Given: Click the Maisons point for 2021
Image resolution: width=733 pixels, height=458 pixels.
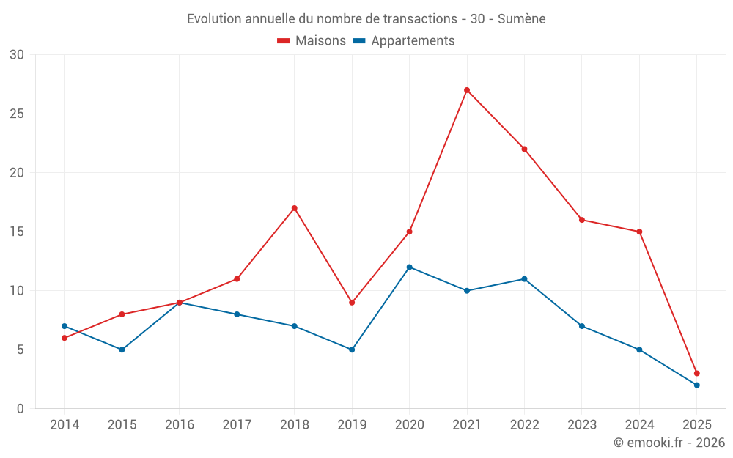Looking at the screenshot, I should click(x=467, y=90).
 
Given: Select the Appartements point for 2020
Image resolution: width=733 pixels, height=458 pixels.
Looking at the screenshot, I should click(x=409, y=267).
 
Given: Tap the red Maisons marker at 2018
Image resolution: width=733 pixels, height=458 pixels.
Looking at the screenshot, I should click(x=295, y=208).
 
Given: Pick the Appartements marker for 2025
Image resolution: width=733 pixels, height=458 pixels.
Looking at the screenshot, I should click(x=696, y=385).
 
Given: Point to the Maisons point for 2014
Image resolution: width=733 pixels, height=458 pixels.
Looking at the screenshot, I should click(x=65, y=338).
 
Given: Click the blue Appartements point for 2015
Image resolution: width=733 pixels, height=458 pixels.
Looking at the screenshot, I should click(x=122, y=350).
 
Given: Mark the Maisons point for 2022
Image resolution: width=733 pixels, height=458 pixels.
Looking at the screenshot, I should click(x=524, y=149).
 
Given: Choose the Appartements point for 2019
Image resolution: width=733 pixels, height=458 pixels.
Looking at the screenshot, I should click(x=352, y=350).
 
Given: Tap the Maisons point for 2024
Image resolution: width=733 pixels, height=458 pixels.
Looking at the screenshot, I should click(x=639, y=232).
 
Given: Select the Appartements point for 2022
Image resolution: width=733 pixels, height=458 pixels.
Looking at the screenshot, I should click(x=524, y=278).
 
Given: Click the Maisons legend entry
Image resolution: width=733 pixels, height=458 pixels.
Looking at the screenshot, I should click(x=312, y=41).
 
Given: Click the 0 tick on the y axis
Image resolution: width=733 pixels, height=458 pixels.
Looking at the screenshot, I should click(x=21, y=408).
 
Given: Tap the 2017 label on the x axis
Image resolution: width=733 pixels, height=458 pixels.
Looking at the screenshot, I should click(x=237, y=425).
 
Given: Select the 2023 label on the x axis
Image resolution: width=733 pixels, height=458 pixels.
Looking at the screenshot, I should click(x=582, y=425).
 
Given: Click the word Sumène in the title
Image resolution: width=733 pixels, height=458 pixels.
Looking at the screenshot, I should click(x=521, y=18).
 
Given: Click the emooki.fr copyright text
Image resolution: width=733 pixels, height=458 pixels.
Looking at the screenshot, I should click(x=669, y=443).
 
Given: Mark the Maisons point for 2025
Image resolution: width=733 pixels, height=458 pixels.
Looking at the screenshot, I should click(x=696, y=373).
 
